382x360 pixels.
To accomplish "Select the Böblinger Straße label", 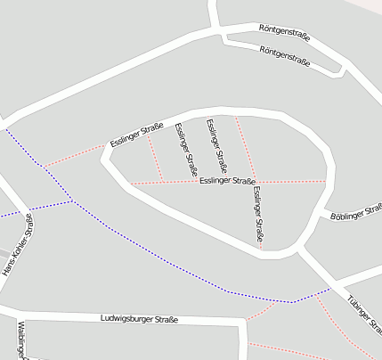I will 354,212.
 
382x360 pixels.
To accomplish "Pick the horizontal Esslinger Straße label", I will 228,181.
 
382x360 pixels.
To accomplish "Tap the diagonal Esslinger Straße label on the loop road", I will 136,135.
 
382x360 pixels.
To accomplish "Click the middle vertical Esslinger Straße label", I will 216,145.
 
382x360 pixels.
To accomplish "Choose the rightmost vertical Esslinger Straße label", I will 257,215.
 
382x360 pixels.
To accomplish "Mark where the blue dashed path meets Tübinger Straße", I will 330,288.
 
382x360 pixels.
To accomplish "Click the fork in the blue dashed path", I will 73,201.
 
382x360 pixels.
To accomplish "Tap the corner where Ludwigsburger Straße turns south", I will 242,322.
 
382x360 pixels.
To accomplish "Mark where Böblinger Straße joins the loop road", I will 323,215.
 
